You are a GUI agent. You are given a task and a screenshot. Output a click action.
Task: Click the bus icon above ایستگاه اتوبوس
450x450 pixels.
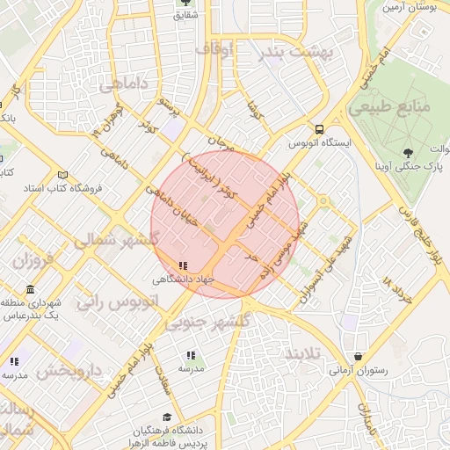click(320, 127)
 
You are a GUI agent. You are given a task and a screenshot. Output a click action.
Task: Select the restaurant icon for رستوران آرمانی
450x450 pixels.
click(357, 357)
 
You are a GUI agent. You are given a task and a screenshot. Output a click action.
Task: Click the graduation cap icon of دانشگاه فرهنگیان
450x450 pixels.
click(167, 417)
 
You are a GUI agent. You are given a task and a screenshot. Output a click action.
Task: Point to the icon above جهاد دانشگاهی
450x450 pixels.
click(183, 265)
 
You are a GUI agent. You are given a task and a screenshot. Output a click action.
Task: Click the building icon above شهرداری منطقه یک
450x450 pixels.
click(31, 290)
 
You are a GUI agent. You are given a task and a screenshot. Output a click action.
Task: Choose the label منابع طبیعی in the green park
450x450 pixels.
click(389, 107)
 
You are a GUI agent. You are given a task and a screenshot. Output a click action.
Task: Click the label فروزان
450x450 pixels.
click(33, 261)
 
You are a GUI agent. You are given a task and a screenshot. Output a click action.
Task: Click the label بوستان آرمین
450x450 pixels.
click(410, 7)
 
